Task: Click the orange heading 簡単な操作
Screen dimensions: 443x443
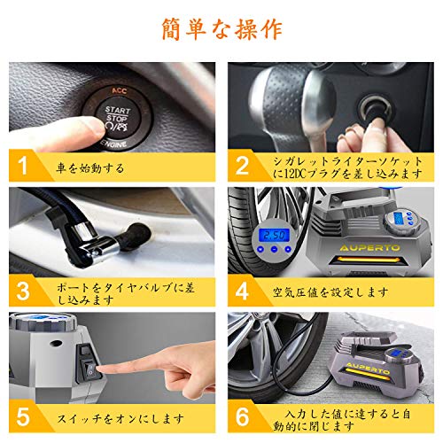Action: tap(221, 29)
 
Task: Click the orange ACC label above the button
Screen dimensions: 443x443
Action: tap(119, 91)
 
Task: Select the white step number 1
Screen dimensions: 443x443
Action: tap(22, 166)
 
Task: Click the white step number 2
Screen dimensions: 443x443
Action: tap(242, 166)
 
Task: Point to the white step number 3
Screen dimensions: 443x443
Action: tap(23, 291)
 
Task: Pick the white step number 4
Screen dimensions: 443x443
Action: tap(242, 291)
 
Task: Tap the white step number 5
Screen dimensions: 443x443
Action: tap(23, 416)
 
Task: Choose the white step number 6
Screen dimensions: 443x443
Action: tap(242, 416)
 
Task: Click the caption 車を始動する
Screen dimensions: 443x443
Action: tap(90, 168)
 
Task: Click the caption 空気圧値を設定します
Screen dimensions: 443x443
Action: tap(330, 292)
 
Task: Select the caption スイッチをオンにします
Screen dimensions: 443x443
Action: tap(120, 418)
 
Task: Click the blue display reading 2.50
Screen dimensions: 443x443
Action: tap(274, 236)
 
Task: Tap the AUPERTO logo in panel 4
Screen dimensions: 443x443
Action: tap(369, 248)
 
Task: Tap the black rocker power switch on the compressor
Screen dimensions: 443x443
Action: tap(89, 369)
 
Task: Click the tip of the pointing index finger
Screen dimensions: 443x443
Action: tap(99, 369)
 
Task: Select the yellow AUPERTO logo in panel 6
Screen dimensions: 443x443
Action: tap(368, 368)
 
